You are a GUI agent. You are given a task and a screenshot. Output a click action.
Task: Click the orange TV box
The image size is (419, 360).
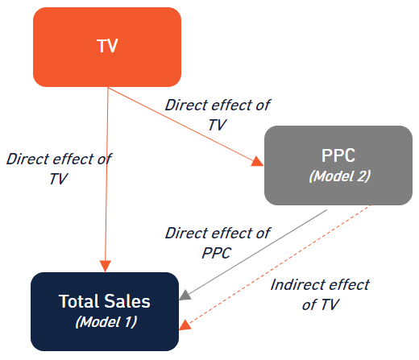click(x=107, y=47)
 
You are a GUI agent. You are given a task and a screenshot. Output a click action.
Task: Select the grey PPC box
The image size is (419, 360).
click(x=338, y=165)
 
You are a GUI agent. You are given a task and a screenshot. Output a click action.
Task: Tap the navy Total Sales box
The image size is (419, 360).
click(x=105, y=312)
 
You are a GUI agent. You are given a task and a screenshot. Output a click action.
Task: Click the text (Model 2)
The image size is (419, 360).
click(x=340, y=176)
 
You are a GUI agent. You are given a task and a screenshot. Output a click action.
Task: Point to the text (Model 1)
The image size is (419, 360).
click(x=106, y=321)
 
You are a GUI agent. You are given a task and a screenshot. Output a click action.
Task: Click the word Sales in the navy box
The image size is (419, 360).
click(x=127, y=301)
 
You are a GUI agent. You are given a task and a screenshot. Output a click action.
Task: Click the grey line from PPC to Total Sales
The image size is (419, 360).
click(x=256, y=253)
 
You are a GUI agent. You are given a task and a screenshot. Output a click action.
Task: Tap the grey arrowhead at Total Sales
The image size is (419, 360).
click(x=185, y=295)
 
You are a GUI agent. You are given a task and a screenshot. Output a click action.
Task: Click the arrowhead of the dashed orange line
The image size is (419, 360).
click(x=185, y=325)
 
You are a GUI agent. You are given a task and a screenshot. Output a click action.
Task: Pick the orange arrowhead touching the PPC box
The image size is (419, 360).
click(x=257, y=161)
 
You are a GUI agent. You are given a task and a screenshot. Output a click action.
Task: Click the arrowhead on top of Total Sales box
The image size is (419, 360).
click(x=106, y=266)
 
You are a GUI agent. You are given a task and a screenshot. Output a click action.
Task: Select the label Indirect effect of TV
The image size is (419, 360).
click(x=320, y=295)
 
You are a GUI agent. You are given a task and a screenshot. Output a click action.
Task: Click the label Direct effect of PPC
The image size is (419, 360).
click(x=218, y=243)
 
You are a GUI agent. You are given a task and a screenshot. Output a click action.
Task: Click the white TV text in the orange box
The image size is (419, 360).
click(x=107, y=46)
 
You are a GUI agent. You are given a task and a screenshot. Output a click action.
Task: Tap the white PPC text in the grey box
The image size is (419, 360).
click(x=338, y=155)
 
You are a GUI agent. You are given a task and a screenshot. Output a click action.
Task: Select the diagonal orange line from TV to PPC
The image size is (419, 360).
click(x=185, y=126)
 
